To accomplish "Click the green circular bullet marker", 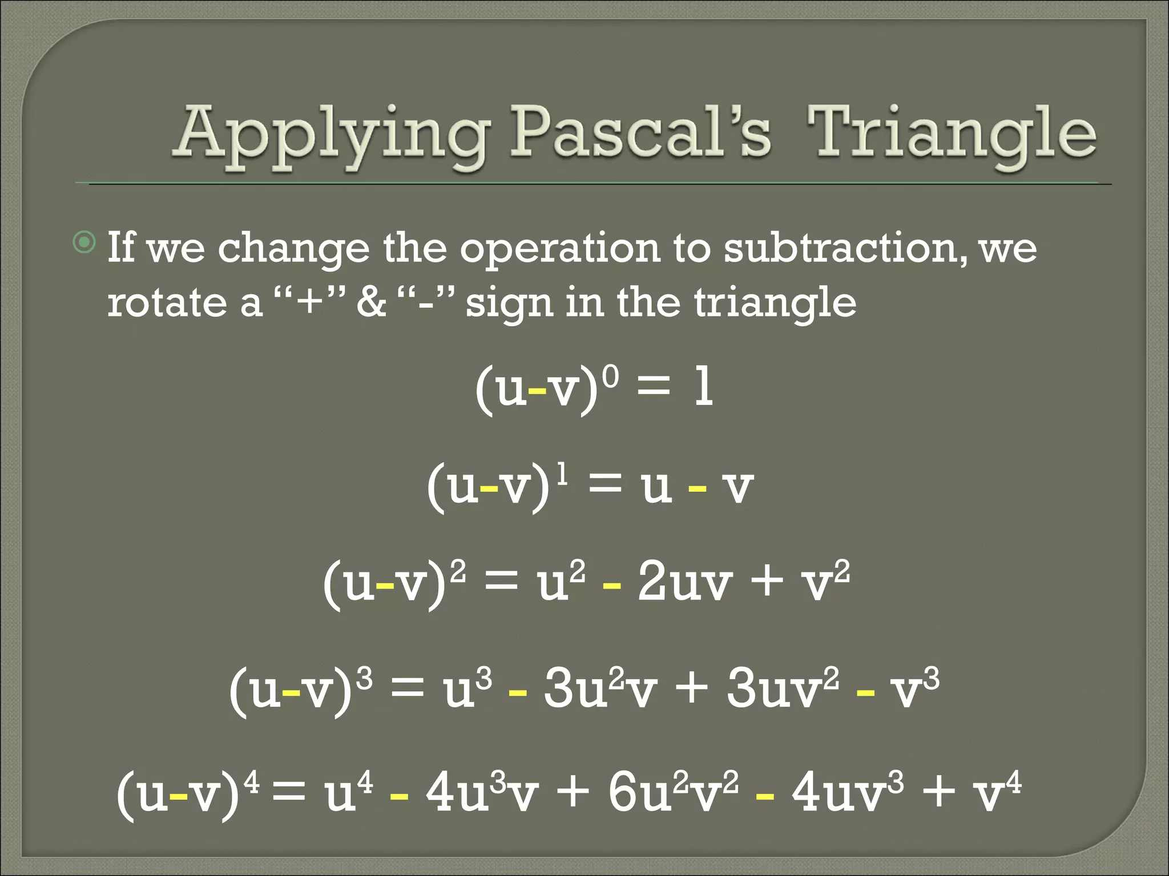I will tap(85, 244).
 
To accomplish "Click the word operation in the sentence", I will tap(559, 250).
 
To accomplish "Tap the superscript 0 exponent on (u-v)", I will tap(610, 376).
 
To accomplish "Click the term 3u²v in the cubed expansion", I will tap(599, 688).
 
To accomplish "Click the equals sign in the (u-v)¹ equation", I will tap(604, 485).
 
